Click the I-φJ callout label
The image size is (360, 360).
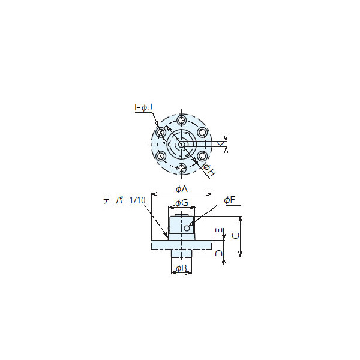point(143,107)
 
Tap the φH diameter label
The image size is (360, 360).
point(209,170)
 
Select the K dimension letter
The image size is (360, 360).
point(220,144)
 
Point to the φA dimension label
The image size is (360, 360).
point(182,189)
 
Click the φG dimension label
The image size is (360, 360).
point(182,203)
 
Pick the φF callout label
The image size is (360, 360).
point(230,200)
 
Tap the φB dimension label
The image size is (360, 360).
point(181,268)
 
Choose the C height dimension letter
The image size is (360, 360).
point(236,236)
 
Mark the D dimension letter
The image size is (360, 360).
point(219,253)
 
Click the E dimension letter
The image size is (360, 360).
point(220,230)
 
